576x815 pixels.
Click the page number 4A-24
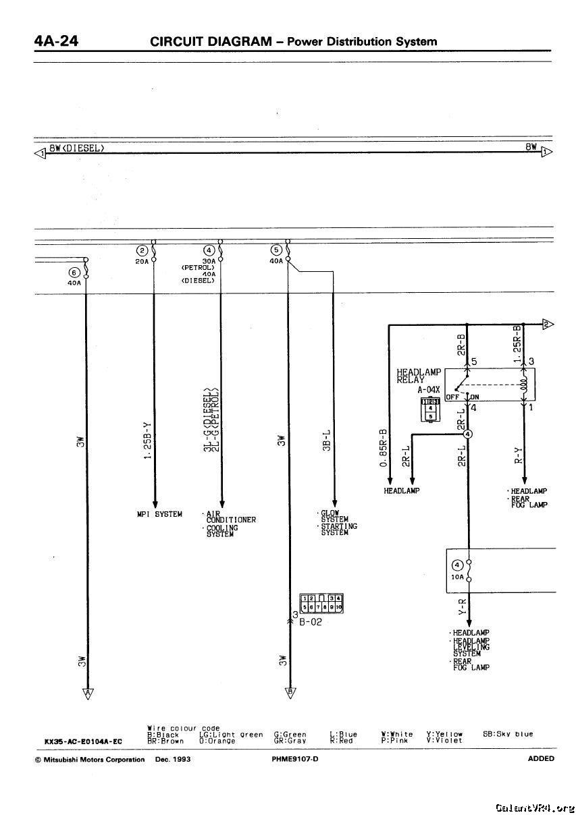coord(56,41)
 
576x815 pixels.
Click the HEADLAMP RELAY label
coord(419,376)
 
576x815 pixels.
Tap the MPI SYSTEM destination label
coord(159,514)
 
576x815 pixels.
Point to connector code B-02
coord(311,622)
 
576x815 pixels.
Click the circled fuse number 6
coord(74,273)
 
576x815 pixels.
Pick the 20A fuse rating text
coord(142,261)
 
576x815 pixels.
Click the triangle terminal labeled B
coord(290,692)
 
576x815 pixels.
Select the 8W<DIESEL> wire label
coord(76,147)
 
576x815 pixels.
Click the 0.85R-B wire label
coord(384,448)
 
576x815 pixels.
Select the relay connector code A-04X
coord(429,390)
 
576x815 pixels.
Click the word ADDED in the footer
coord(541,758)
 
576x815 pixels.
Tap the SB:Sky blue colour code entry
coord(508,734)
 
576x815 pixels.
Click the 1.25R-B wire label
coord(517,345)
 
